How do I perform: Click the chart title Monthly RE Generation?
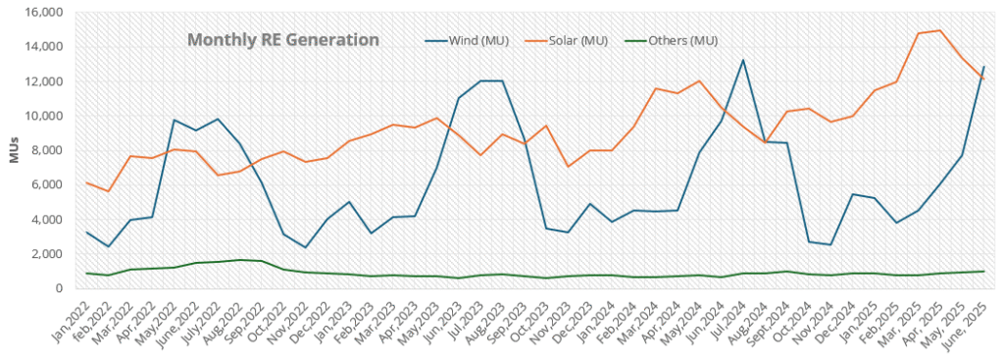pos(282,40)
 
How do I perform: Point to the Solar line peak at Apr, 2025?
pos(940,30)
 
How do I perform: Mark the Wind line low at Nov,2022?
pos(306,247)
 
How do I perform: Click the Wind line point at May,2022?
pos(174,120)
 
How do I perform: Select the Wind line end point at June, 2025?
pos(983,67)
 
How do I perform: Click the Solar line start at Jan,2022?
pos(86,182)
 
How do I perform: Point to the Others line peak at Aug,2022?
pos(240,260)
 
